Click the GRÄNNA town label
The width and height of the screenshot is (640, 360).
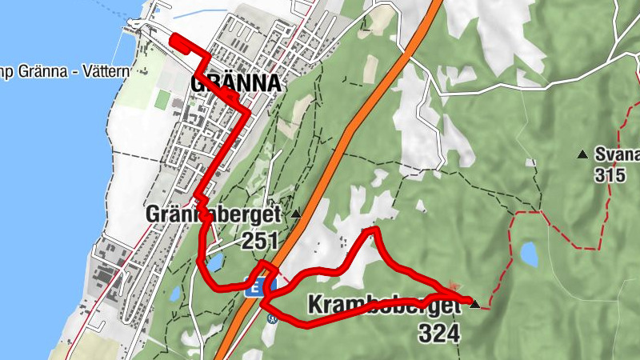(237, 84)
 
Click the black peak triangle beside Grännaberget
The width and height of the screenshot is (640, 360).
(296, 214)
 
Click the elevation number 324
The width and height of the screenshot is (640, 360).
(438, 333)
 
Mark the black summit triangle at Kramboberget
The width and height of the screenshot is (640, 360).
(475, 304)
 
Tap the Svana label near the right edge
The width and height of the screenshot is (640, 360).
(617, 154)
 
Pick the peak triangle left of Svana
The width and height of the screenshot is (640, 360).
(582, 153)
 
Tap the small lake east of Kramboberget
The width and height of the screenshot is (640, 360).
(530, 254)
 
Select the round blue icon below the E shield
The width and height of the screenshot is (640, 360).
(271, 318)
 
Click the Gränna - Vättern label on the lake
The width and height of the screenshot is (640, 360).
(64, 72)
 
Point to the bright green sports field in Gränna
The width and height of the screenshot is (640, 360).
(162, 100)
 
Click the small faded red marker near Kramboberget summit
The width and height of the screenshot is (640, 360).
(454, 286)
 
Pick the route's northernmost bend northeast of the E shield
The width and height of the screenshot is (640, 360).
(372, 230)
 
